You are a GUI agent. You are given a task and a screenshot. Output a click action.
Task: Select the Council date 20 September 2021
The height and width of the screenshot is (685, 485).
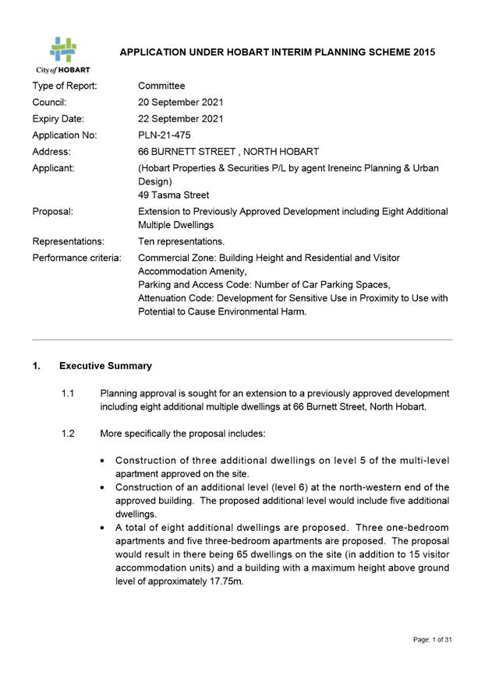180,102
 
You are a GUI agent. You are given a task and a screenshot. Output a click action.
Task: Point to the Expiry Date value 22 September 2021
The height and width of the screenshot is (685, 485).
180,119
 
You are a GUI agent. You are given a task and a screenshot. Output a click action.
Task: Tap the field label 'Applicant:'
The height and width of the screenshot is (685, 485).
55,169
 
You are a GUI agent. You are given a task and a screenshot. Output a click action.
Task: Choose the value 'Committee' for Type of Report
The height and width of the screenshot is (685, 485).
161,86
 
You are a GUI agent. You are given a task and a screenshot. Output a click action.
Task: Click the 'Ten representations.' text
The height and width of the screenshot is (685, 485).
181,241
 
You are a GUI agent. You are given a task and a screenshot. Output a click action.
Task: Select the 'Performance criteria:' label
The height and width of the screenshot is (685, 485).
76,258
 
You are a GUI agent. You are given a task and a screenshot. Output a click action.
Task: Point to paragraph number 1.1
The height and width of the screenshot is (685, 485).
67,394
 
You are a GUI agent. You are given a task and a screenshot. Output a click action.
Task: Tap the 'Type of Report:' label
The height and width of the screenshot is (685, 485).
65,86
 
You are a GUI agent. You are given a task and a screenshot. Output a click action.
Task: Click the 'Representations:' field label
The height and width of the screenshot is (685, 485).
68,241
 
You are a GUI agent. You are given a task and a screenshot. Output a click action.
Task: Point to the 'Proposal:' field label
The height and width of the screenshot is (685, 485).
53,212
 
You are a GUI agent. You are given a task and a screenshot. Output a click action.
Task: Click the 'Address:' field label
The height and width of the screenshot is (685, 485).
51,152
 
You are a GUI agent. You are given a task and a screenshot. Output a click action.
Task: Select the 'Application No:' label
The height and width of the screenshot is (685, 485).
65,135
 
